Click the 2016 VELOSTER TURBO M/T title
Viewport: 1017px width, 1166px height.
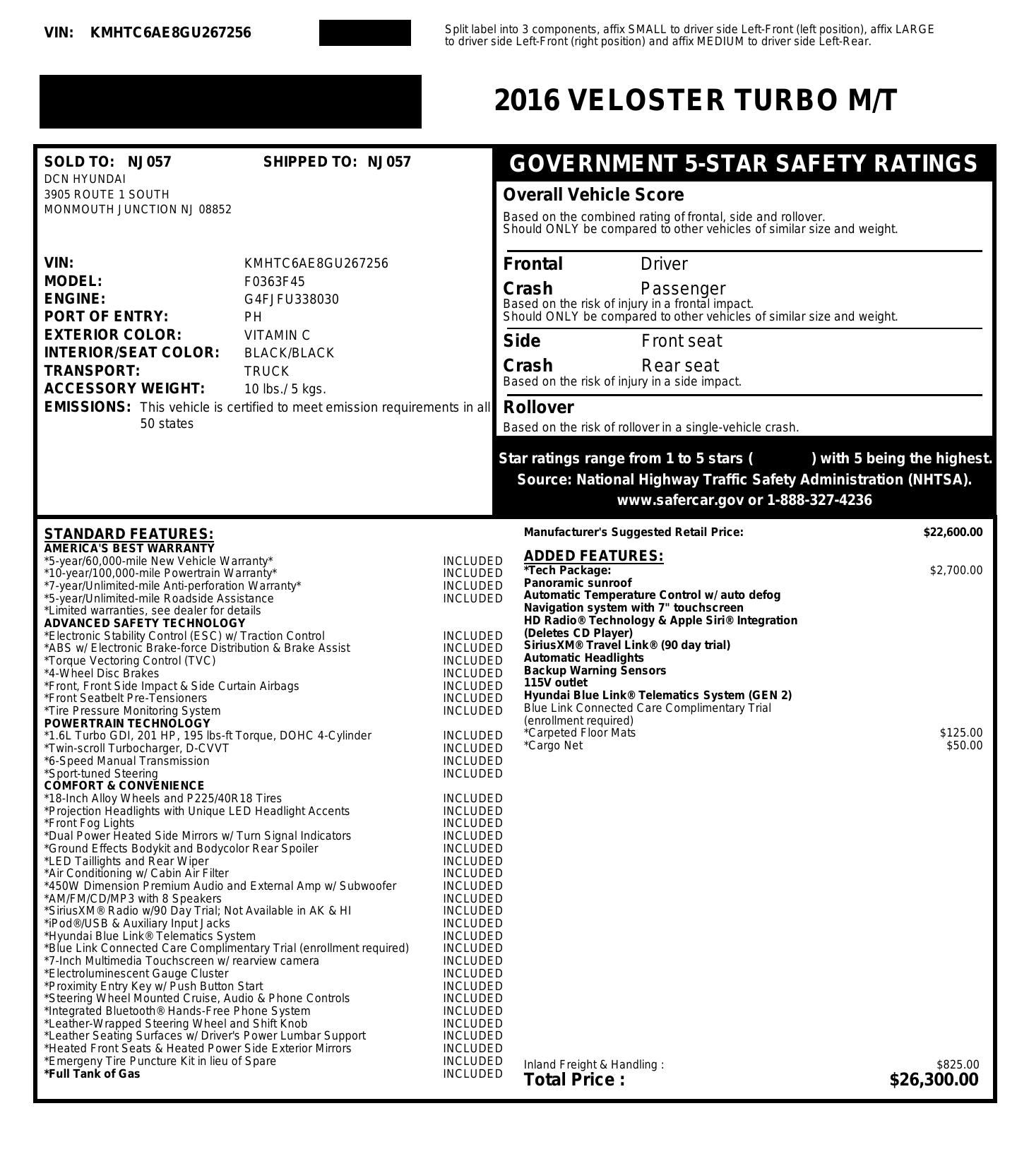pos(696,100)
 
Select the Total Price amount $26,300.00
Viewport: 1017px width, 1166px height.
pos(934,1080)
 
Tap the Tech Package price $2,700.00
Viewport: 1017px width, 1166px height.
pos(956,571)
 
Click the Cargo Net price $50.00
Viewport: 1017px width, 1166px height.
pos(964,746)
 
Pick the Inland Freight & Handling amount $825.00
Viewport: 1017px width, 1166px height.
pos(958,1064)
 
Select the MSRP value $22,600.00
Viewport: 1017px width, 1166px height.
pos(952,533)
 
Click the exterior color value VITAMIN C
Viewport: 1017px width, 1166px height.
pos(277,335)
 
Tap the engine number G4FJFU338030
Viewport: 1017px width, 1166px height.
pos(291,299)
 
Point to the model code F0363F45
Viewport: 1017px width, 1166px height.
pos(274,282)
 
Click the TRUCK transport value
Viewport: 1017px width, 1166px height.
pos(266,371)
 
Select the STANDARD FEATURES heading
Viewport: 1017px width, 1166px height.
pos(129,534)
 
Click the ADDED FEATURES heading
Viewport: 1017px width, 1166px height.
pos(593,556)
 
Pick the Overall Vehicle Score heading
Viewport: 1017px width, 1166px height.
pos(593,195)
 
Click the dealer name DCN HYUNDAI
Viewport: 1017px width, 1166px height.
pos(85,179)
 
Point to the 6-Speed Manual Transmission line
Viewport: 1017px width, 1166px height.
pos(127,761)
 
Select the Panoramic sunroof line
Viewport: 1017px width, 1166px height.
pos(578,583)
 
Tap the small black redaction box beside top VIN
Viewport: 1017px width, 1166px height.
pos(364,33)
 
